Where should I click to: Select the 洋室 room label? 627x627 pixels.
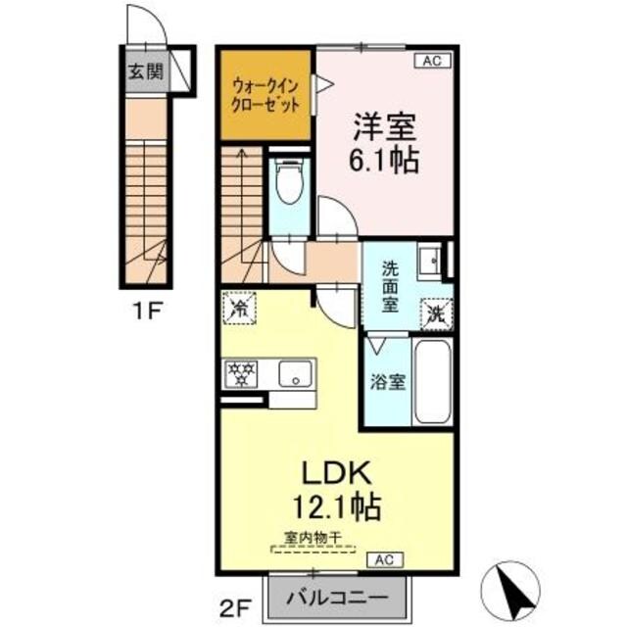click(385, 127)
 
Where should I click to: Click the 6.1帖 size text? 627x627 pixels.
click(385, 159)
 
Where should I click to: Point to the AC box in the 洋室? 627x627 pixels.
click(432, 61)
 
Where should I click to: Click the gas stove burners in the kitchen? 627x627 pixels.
click(241, 373)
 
